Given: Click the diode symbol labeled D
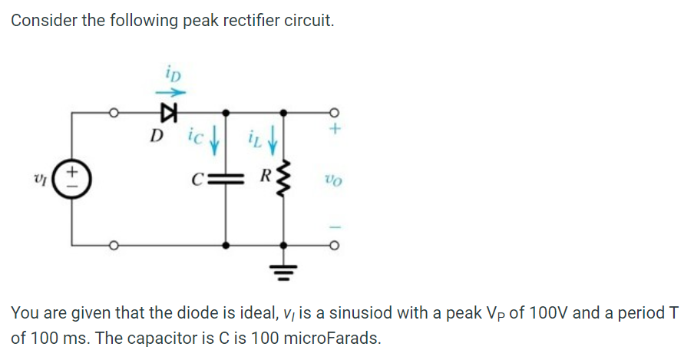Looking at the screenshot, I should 164,114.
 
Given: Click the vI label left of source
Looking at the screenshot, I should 45,181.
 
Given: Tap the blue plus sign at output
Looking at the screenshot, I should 335,130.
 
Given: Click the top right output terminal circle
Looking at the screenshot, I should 335,114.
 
